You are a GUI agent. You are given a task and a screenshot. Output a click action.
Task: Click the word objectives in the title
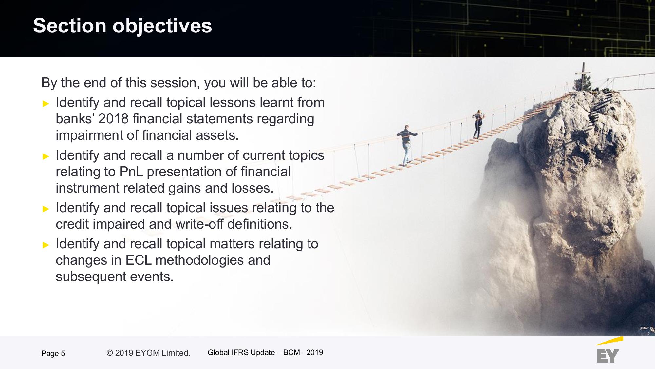162,26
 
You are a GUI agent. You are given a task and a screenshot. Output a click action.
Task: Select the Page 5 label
53,353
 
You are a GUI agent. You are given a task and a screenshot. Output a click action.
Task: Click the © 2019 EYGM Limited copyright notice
148,353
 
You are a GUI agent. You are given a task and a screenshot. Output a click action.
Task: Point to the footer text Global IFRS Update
241,352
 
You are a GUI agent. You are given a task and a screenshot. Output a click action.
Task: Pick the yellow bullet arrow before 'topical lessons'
46,104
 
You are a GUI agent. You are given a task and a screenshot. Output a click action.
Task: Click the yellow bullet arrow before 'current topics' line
46,156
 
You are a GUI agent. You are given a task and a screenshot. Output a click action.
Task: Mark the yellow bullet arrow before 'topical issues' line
46,209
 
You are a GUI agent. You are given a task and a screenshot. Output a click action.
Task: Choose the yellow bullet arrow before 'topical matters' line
46,245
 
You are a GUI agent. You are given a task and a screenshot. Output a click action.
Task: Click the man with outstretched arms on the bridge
406,145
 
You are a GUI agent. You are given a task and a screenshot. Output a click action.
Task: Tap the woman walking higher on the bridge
478,124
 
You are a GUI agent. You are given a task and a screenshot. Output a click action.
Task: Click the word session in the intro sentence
175,83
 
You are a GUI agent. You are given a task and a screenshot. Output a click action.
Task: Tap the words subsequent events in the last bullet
114,277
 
